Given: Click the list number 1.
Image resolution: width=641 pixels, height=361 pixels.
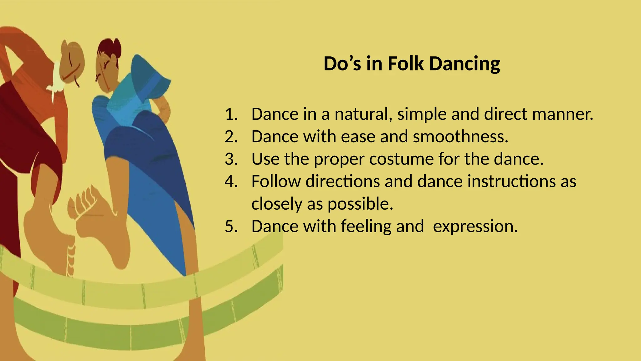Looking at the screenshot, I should (x=231, y=114).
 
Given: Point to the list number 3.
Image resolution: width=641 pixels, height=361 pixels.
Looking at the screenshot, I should (x=231, y=159).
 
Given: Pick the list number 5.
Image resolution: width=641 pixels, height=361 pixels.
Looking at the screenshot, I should (x=231, y=226).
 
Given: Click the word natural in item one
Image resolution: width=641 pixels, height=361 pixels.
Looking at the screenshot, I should (x=363, y=114).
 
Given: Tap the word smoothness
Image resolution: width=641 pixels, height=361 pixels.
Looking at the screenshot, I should (x=460, y=137).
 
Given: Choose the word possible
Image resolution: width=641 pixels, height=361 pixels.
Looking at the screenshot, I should (x=360, y=204).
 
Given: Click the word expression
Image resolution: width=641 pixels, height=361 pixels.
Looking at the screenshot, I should (x=475, y=226).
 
